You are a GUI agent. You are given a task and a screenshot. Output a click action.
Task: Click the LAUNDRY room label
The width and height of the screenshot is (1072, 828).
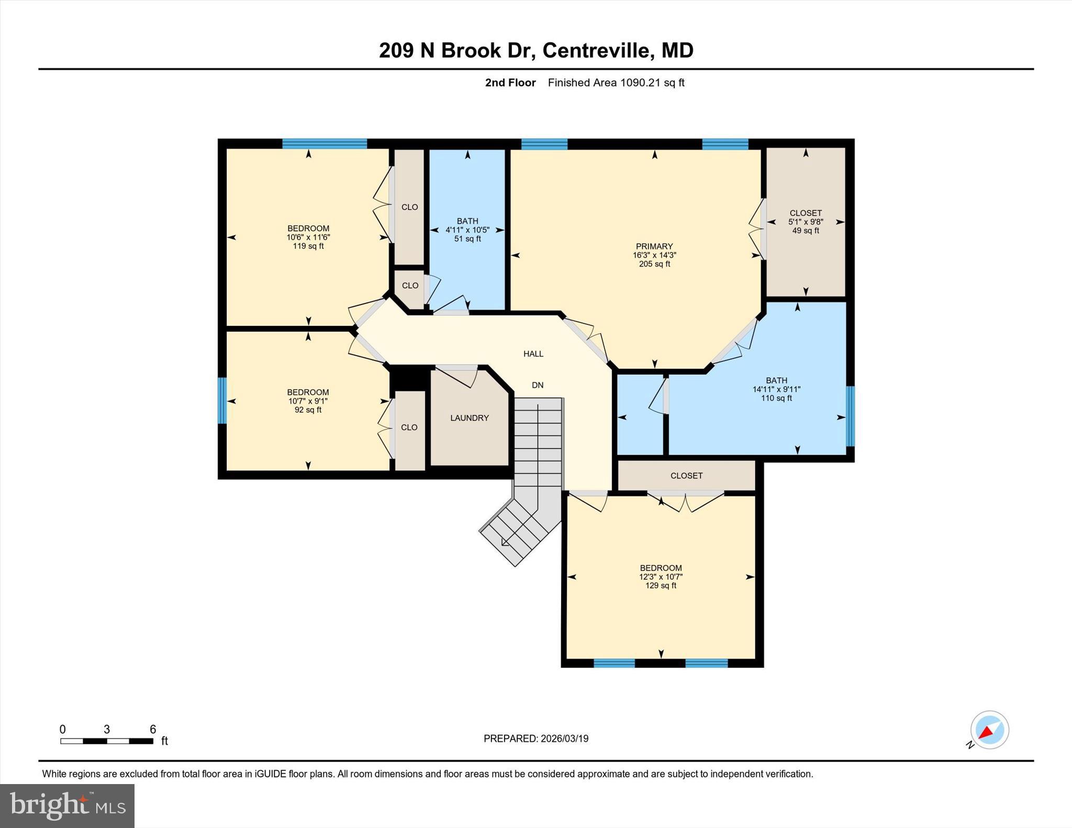tap(470, 418)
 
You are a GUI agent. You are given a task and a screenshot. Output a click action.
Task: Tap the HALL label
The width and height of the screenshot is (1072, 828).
tap(533, 354)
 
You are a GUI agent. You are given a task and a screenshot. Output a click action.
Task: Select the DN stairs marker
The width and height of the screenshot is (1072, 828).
tap(538, 385)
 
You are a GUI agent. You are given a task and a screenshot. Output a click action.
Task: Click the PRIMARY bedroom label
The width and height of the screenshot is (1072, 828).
tap(654, 246)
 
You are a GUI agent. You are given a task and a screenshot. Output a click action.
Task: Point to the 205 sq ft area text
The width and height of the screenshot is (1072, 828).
tap(654, 264)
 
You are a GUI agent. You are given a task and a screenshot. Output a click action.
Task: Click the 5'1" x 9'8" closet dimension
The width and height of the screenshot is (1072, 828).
tap(806, 222)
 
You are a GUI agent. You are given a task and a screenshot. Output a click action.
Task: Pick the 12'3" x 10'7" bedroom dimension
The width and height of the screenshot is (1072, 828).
tap(661, 577)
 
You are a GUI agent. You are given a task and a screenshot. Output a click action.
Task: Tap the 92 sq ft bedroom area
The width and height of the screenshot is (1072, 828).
tap(308, 410)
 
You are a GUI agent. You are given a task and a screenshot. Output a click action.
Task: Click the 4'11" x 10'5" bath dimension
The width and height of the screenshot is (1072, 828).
tap(467, 230)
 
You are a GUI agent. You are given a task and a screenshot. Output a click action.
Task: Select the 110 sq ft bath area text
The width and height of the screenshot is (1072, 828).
tap(776, 399)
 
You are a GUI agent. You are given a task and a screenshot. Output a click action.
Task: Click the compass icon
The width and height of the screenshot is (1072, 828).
tap(989, 730)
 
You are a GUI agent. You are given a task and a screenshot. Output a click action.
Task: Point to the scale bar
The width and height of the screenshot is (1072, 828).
tap(107, 741)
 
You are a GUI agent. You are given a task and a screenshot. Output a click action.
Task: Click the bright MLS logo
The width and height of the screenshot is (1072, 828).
tap(67, 806)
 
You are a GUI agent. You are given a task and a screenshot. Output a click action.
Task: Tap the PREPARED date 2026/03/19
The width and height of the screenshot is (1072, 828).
tap(536, 739)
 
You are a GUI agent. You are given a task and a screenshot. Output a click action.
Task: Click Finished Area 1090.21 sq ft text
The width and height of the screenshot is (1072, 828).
tap(616, 83)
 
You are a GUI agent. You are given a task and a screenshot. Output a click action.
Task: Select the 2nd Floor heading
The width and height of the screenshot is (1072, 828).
tap(510, 83)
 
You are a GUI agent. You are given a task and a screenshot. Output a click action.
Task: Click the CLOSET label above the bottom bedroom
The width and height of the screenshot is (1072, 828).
tap(686, 476)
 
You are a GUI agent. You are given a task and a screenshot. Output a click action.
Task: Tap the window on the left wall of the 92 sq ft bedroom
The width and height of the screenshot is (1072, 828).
tap(222, 401)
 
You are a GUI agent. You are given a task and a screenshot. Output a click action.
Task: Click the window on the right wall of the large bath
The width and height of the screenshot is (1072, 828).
tap(851, 416)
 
